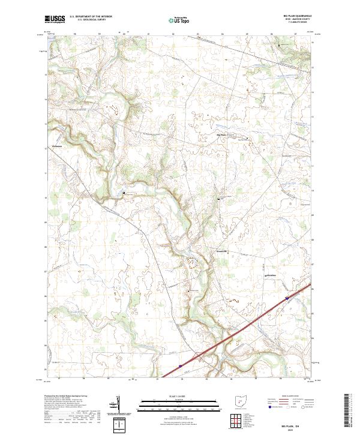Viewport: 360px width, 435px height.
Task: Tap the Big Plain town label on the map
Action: coord(220,135)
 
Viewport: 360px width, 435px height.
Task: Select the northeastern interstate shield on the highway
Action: coord(287,296)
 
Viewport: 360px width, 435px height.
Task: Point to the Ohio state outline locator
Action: coord(240,401)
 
